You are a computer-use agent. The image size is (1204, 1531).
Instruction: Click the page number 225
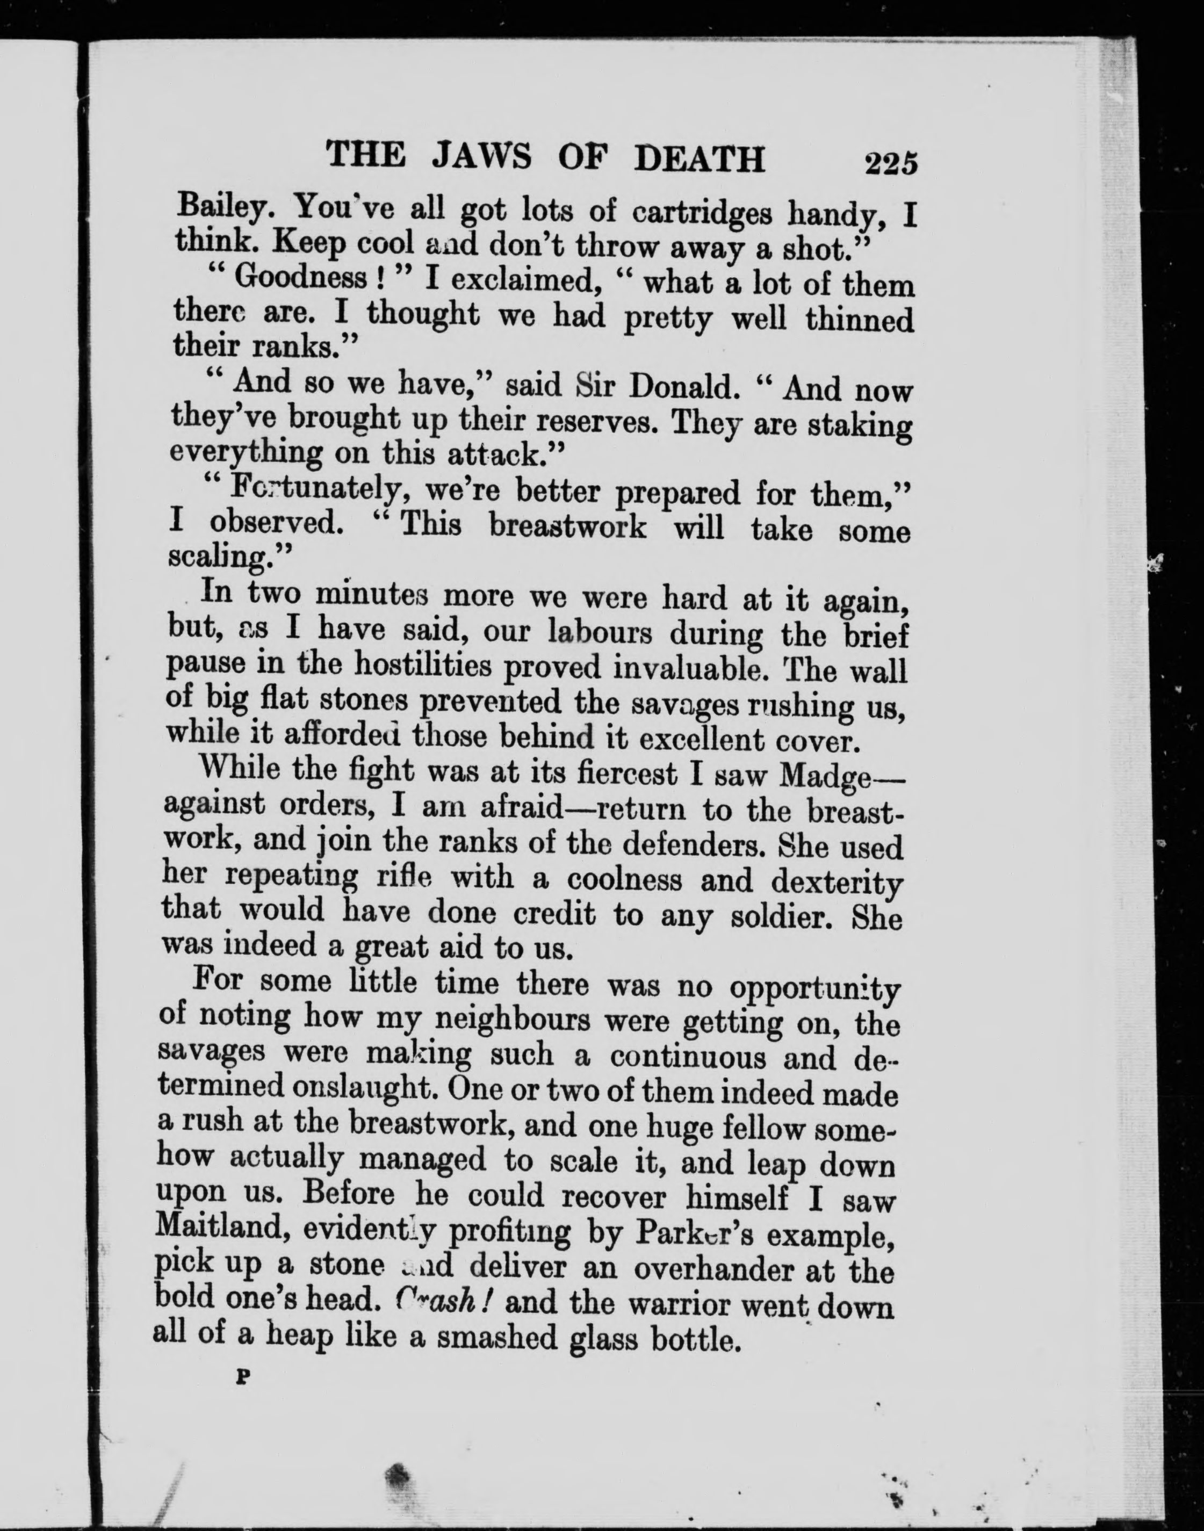click(891, 163)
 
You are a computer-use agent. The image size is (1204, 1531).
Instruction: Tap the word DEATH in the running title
click(700, 160)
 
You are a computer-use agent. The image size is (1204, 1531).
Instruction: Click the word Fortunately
click(317, 488)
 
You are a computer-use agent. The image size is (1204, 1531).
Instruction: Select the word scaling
click(219, 558)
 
